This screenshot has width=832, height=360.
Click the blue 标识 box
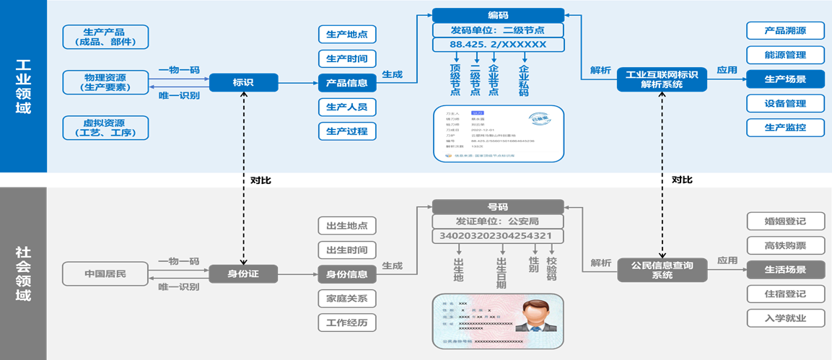coord(243,83)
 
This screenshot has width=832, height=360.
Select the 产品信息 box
coord(346,83)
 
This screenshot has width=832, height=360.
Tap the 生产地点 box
coord(346,35)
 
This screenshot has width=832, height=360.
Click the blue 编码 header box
coord(498,15)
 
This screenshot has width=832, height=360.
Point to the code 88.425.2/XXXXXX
coord(498,45)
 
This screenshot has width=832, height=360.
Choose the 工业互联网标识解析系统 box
coord(662,79)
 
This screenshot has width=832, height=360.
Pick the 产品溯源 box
coord(785,30)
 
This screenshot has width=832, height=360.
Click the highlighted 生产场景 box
coord(785,79)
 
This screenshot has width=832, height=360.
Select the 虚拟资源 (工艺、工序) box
coord(105,128)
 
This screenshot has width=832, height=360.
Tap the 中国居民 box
coord(105,274)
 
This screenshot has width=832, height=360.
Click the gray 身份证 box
coord(243,274)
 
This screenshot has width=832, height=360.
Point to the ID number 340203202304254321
coord(498,236)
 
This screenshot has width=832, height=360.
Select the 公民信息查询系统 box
coord(662,270)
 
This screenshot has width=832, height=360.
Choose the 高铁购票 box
coord(785,245)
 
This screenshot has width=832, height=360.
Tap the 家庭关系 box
coord(346,298)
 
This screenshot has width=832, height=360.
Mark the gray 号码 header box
coord(498,206)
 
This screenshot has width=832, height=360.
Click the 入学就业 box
coord(785,318)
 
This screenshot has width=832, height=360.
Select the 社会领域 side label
coord(23,274)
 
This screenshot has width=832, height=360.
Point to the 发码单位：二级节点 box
coord(498,30)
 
